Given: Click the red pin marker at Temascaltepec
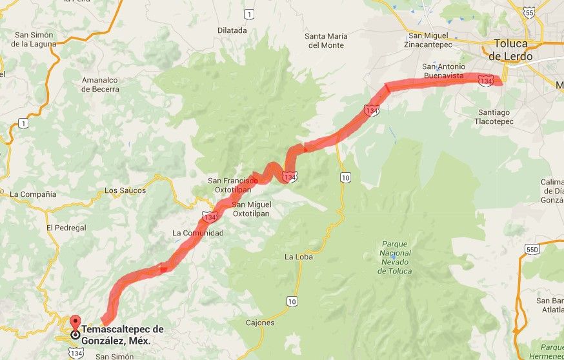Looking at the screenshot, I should (76, 326).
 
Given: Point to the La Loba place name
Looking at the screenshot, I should (297, 257).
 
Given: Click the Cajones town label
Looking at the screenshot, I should (260, 323).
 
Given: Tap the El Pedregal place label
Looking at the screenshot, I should (66, 228).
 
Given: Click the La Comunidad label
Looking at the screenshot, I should (197, 233).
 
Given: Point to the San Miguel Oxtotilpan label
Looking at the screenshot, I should (250, 208).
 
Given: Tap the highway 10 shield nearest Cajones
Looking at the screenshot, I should (292, 301).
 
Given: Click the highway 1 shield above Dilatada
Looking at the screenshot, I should (249, 14).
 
